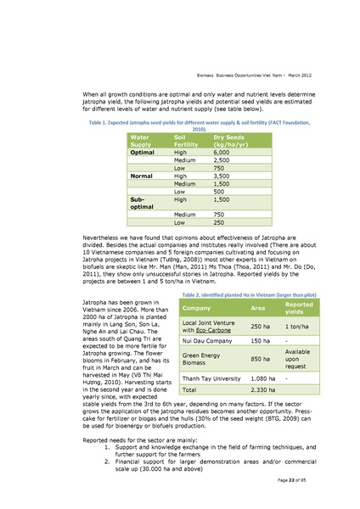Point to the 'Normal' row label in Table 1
pyautogui.click(x=141, y=175)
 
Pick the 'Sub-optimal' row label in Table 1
pyautogui.click(x=141, y=202)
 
